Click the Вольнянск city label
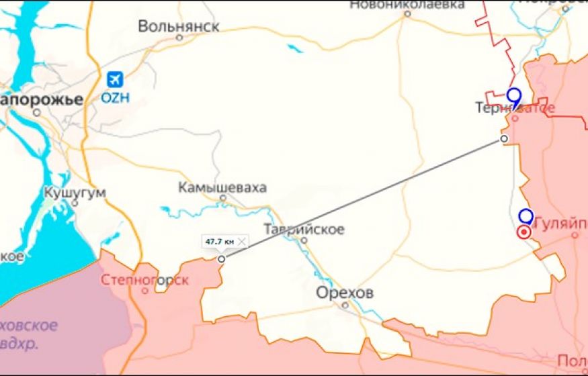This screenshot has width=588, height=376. pyautogui.click(x=179, y=26)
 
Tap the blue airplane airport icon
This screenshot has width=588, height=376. pyautogui.click(x=116, y=79)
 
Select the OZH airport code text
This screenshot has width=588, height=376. pyautogui.click(x=115, y=97)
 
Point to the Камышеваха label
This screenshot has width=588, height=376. pyautogui.click(x=222, y=187)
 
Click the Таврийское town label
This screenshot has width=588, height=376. pyautogui.click(x=304, y=229)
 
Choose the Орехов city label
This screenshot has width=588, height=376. pyautogui.click(x=345, y=293)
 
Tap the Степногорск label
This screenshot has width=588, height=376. pyautogui.click(x=144, y=280)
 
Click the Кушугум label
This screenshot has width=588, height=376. pyautogui.click(x=75, y=193)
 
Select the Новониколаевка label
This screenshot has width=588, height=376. pyautogui.click(x=407, y=5)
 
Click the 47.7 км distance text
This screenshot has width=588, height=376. pyautogui.click(x=220, y=241)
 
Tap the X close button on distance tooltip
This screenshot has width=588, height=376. pyautogui.click(x=242, y=241)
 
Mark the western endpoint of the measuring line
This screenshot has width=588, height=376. pyautogui.click(x=222, y=258)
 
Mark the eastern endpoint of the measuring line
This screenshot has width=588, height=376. pyautogui.click(x=504, y=138)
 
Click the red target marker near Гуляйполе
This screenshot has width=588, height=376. pyautogui.click(x=524, y=232)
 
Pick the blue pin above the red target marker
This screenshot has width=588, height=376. pyautogui.click(x=526, y=216)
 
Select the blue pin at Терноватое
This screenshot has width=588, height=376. pyautogui.click(x=514, y=97)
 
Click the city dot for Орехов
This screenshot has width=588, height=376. pyautogui.click(x=345, y=305)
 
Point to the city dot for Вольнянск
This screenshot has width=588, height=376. pyautogui.click(x=179, y=38)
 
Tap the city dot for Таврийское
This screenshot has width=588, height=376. pyautogui.click(x=304, y=240)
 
